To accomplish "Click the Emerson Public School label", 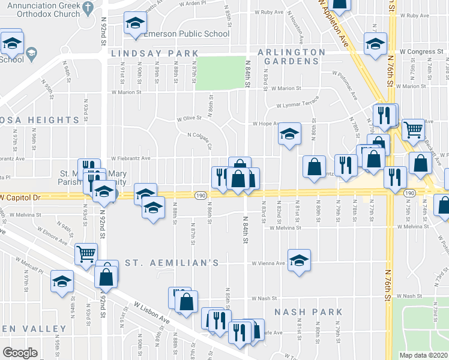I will coord(186,34).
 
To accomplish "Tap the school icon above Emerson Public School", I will coord(136,25).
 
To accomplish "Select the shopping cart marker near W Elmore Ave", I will coord(86,254).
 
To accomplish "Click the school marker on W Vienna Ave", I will coord(299,261).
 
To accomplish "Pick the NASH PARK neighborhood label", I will coord(309,312).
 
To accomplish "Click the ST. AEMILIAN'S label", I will coord(167,263).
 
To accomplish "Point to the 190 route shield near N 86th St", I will coord(200,196).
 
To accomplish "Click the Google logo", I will coord(20,353).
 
